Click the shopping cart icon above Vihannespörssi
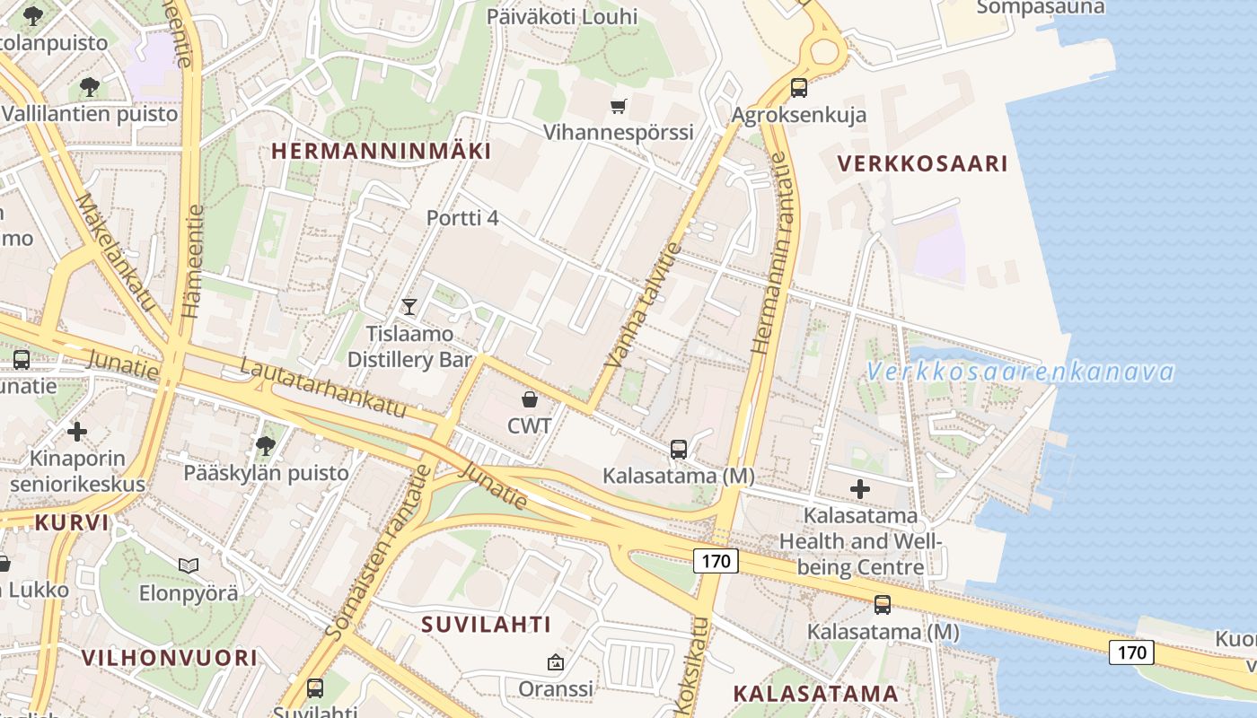coord(618,107)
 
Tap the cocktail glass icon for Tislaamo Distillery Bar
coord(409,307)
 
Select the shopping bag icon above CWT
coord(530,398)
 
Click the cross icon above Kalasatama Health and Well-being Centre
coord(860,489)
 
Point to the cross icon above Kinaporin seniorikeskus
coord(77,432)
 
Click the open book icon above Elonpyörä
coord(189,565)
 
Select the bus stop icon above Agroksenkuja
coord(799,88)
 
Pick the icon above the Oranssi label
coord(556,663)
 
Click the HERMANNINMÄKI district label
coord(382,151)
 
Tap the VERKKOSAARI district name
coord(922,163)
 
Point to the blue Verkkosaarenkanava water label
coord(1020,372)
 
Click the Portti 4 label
coord(462,218)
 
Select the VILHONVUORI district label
coord(170,658)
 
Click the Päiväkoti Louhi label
coord(562,16)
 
